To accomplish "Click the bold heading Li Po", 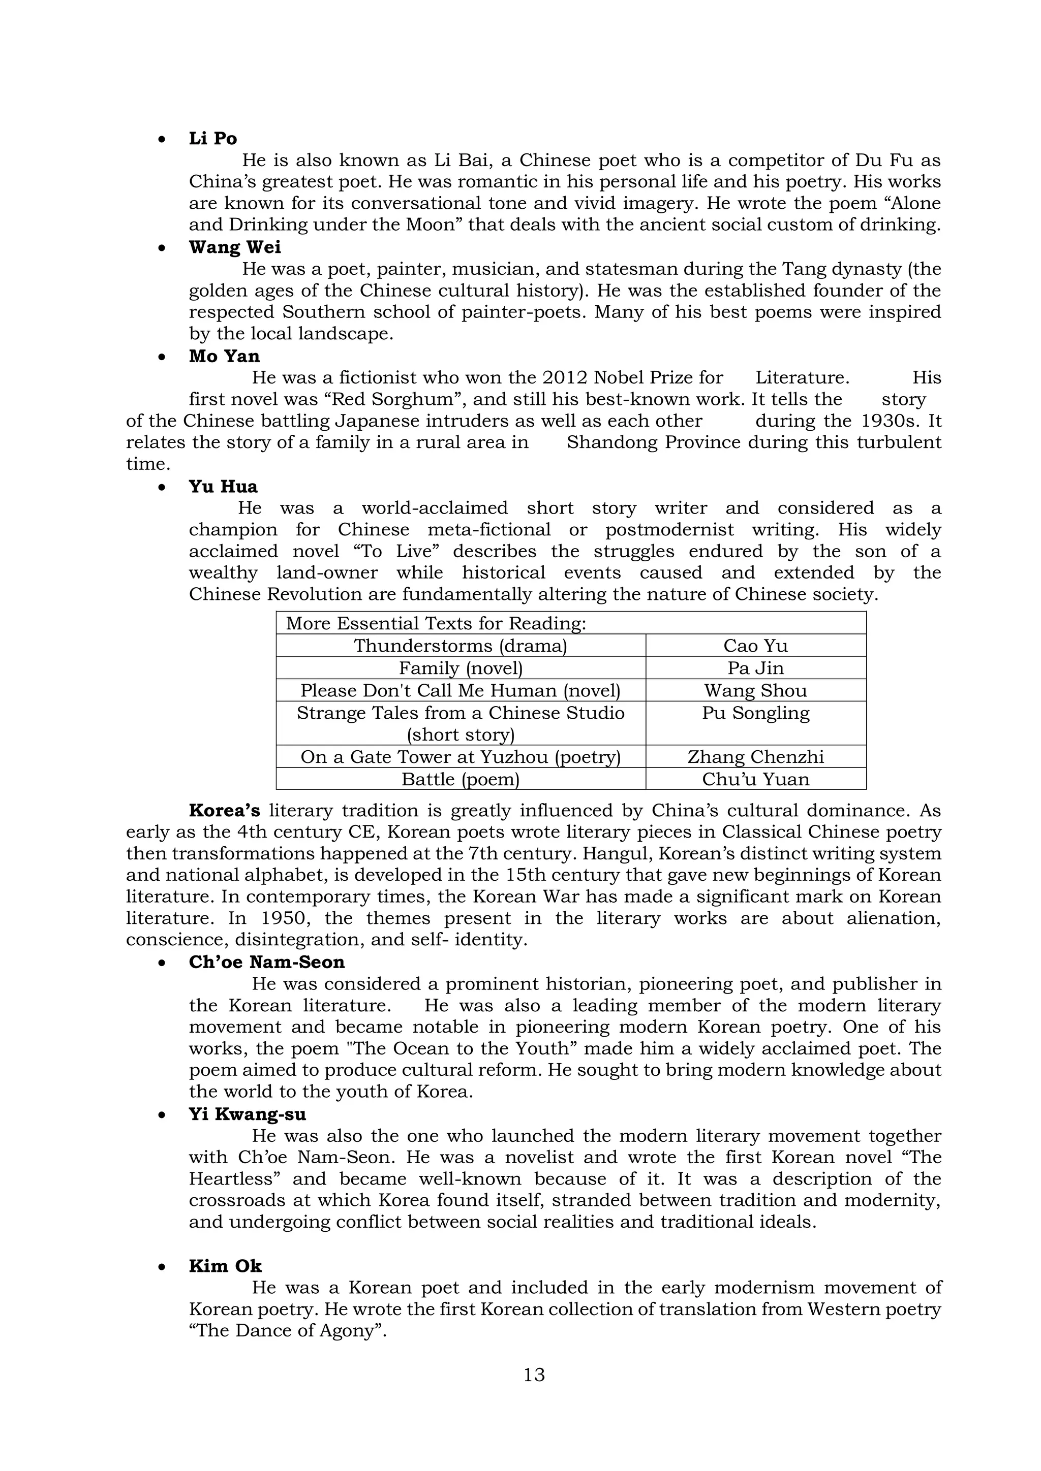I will coord(213,138).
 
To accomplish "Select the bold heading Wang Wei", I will coord(235,247).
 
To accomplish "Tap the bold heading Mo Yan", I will coord(224,356).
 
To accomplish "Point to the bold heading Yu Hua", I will coord(223,486).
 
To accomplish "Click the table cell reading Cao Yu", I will coord(755,646).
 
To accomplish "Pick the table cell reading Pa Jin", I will coord(755,668).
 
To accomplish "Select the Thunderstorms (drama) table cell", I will coord(460,646).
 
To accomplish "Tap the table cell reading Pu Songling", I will coord(755,713).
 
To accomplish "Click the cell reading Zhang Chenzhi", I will coord(755,757).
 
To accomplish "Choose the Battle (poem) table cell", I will coord(460,780).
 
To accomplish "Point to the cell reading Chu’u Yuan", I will coord(755,780).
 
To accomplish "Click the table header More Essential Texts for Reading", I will coord(436,623).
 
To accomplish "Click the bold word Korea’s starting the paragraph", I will coord(224,811).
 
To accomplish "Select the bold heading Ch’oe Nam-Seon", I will coord(267,963).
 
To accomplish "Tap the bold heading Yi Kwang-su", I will coord(248,1114).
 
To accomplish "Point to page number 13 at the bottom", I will coord(534,1375).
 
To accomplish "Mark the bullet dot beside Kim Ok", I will coord(162,1267).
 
